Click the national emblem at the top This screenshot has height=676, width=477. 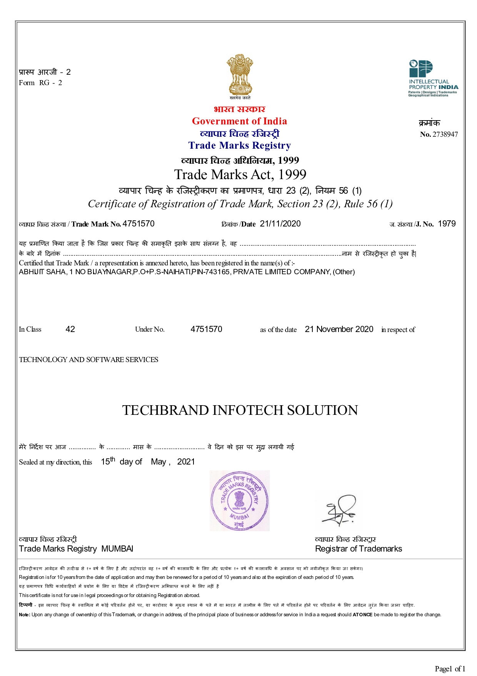click(x=239, y=75)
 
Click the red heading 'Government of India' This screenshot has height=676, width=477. click(x=239, y=121)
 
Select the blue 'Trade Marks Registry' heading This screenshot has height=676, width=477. click(x=239, y=145)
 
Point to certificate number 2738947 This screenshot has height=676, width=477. click(x=445, y=134)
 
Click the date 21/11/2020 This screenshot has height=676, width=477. click(x=280, y=224)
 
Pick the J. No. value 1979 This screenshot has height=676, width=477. click(x=447, y=224)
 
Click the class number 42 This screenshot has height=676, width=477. click(x=70, y=329)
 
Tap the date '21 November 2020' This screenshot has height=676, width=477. click(x=339, y=329)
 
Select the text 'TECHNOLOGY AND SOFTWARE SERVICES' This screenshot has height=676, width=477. click(x=88, y=359)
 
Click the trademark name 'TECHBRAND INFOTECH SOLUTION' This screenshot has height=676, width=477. click(x=240, y=410)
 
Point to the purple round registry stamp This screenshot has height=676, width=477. click(x=239, y=500)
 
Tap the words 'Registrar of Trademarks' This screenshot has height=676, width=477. click(x=358, y=549)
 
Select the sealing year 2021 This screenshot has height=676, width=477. click(x=186, y=461)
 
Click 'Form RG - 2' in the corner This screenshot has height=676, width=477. click(x=40, y=82)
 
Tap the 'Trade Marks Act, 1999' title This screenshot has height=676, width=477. click(x=240, y=174)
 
